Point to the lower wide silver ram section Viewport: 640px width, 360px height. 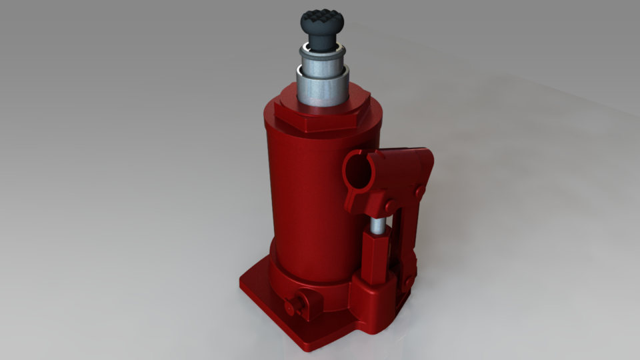point(321,88)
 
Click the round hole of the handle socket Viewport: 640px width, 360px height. point(359,171)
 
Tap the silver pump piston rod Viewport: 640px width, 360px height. point(378,227)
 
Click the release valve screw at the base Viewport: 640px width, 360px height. point(304,299)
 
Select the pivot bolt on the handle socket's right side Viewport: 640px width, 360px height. point(420,192)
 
